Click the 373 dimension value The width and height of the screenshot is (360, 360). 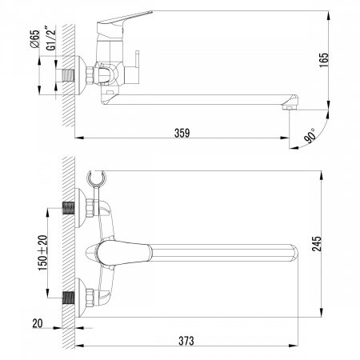point(186,340)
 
